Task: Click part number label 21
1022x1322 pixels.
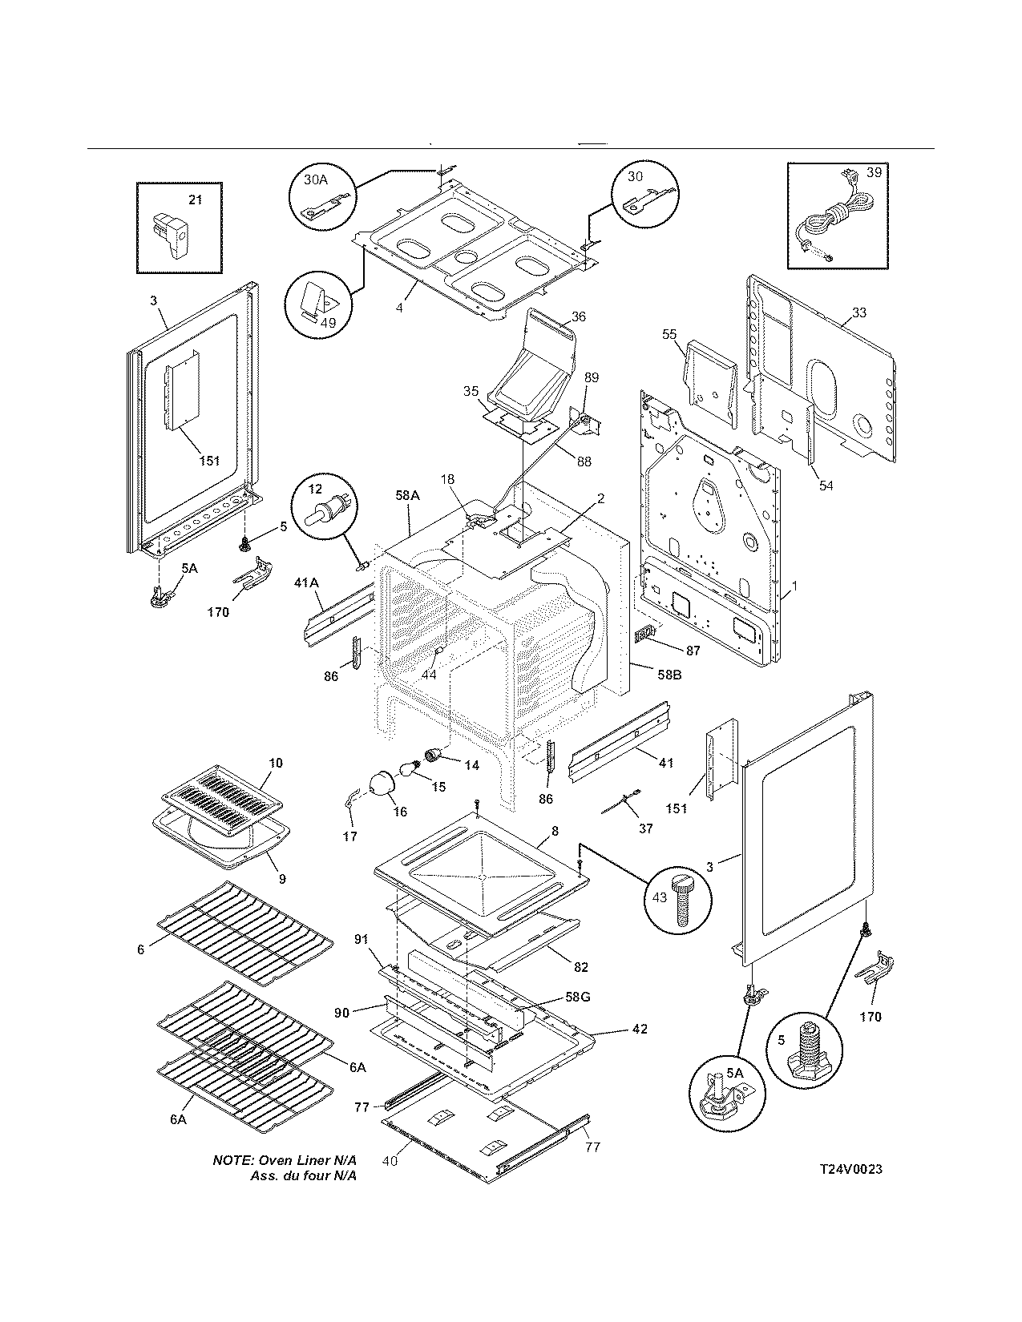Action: (x=195, y=200)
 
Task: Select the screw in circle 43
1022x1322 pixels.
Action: (x=681, y=897)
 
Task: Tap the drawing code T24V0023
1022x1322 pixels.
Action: (x=850, y=1169)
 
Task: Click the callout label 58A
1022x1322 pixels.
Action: (x=407, y=496)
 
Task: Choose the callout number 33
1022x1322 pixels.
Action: (x=858, y=312)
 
